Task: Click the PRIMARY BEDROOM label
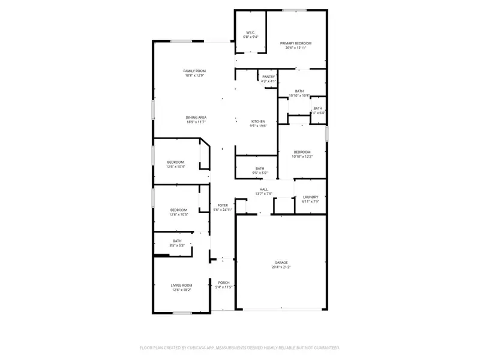[296, 43]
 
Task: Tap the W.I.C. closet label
[251, 32]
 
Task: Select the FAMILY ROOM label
[194, 71]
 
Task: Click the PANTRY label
[268, 77]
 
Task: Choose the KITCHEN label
[258, 121]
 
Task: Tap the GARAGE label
[281, 262]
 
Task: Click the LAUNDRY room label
[310, 197]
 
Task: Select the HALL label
[263, 189]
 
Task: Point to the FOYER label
[222, 205]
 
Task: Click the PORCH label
[223, 283]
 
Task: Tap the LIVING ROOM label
[181, 285]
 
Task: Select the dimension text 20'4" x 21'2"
[281, 267]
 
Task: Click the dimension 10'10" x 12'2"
[302, 157]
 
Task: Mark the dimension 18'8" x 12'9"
[194, 76]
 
